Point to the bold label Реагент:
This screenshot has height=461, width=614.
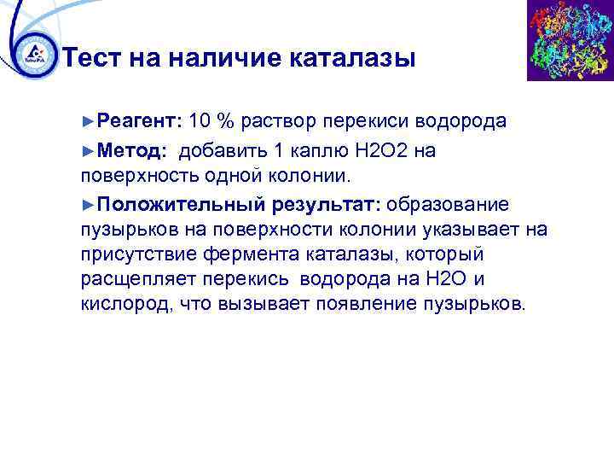140,120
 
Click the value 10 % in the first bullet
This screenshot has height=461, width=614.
212,120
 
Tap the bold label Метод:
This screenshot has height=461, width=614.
131,151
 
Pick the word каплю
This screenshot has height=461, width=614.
322,151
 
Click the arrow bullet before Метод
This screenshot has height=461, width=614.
89,151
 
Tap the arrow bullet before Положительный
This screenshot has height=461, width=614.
89,206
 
